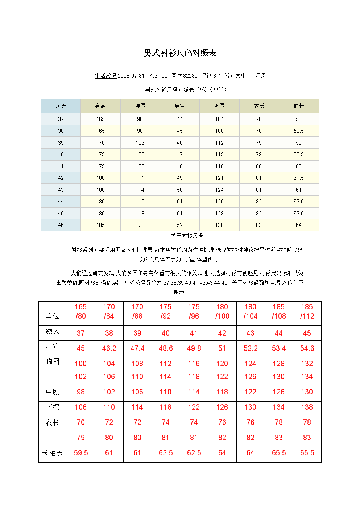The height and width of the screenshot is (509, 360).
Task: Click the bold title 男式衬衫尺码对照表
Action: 180,53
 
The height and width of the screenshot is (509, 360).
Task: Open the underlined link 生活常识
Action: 105,76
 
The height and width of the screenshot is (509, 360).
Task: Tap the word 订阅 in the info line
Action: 260,76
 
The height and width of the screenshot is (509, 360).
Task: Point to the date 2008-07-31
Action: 131,76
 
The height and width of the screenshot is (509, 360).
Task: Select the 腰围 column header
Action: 140,106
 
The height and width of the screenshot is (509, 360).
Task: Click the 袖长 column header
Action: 298,106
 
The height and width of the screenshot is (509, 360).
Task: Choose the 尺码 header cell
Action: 61,106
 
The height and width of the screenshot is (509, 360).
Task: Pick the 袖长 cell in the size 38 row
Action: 298,131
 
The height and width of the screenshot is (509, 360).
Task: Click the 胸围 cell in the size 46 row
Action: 219,225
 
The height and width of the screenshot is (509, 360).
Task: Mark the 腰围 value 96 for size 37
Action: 140,119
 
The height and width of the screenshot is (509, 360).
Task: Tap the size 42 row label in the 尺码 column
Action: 61,178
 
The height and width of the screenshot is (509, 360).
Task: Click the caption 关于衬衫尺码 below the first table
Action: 187,236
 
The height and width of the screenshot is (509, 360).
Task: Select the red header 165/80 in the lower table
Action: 81,311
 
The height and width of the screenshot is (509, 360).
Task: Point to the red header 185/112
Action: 307,311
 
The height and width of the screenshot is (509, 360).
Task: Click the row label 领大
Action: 53,331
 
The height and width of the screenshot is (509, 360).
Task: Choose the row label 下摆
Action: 53,407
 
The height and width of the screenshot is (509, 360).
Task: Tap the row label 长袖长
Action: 53,453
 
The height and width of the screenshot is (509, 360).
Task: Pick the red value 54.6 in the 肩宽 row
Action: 307,348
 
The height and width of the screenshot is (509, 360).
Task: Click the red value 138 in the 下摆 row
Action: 307,407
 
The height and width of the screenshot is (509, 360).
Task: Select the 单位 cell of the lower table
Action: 53,316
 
